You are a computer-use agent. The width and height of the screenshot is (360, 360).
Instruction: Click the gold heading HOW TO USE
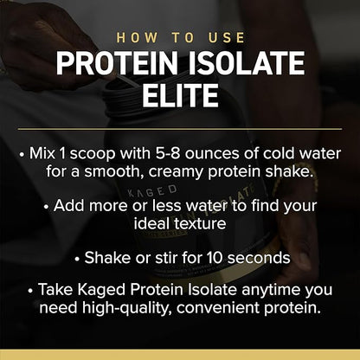(x=180, y=38)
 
